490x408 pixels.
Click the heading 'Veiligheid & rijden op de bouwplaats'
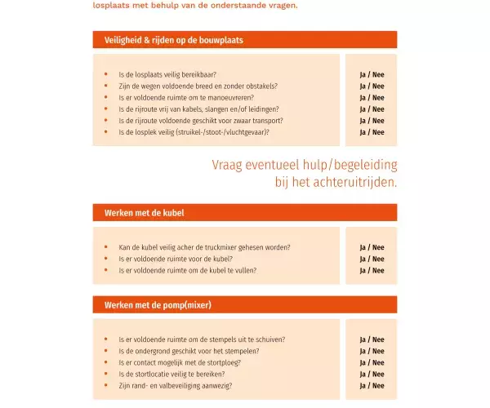(173, 40)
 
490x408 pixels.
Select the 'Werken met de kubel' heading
(144, 213)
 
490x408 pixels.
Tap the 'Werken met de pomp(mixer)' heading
(158, 305)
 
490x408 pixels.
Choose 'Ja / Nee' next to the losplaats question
(372, 74)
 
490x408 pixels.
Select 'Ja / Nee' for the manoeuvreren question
(372, 97)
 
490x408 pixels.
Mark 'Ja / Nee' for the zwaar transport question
(372, 120)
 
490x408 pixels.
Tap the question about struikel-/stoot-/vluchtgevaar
(194, 131)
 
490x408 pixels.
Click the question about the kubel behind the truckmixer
(204, 247)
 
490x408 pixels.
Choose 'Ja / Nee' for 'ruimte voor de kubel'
(372, 259)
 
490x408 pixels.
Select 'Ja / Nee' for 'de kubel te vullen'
(372, 270)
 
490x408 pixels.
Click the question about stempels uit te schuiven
(202, 339)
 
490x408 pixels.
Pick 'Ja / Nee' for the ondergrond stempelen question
(372, 351)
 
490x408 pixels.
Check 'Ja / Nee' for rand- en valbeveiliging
(372, 385)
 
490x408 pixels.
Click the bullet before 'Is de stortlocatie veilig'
(106, 374)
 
